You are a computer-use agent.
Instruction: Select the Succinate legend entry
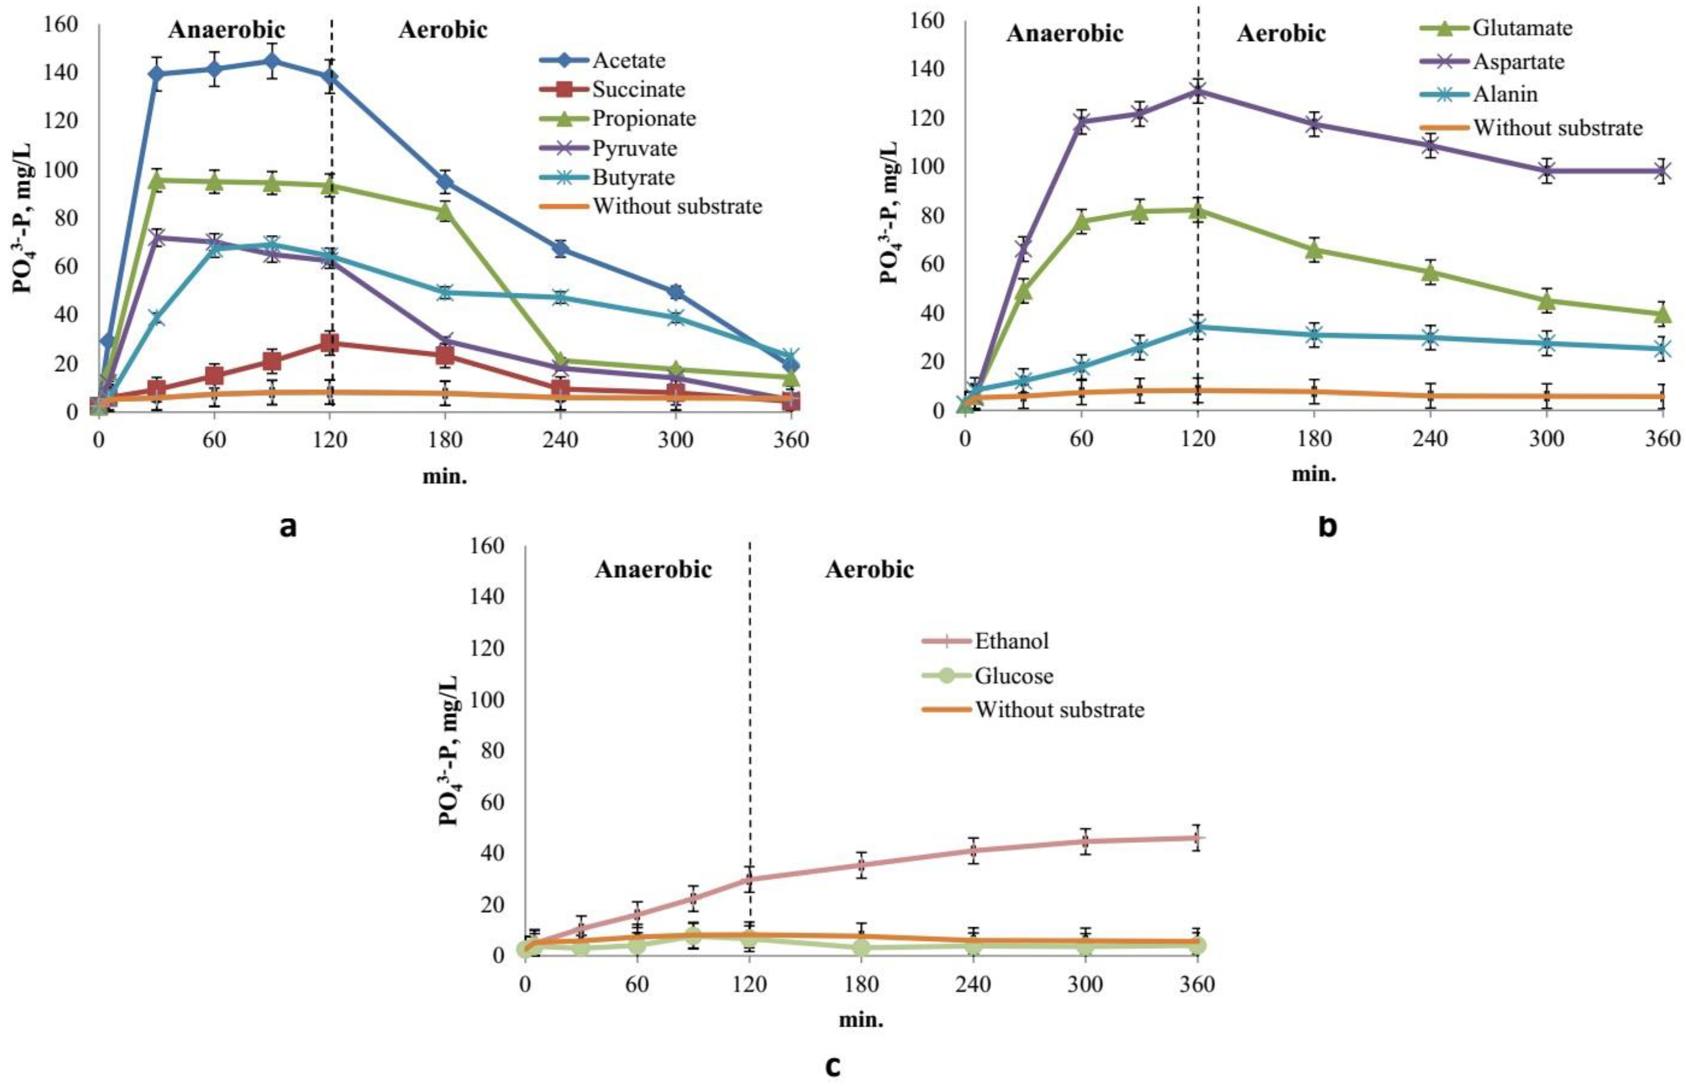coord(638,90)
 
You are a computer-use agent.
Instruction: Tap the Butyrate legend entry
coord(633,177)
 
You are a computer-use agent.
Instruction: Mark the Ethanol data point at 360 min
coord(1196,838)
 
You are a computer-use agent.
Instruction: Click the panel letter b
coord(1327,526)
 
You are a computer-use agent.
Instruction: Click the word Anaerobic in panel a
coord(226,30)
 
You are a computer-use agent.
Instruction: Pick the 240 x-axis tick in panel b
coord(1430,439)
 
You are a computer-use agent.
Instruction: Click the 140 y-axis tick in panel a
coord(63,72)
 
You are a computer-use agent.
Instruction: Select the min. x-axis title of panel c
coord(861,1020)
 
